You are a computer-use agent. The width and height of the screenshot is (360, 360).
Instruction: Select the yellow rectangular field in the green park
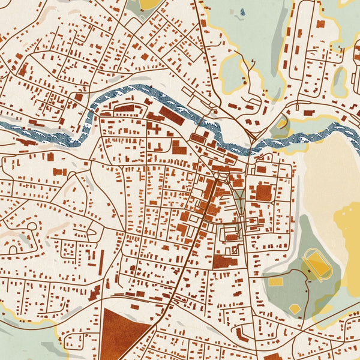[275, 281]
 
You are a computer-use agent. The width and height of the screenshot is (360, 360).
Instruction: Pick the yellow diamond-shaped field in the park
[295, 308]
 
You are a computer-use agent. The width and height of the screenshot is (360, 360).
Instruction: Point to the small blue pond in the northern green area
[242, 11]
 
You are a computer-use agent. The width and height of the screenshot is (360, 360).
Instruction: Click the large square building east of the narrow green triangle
[263, 193]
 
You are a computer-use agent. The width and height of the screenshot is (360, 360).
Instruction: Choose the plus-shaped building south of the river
[156, 128]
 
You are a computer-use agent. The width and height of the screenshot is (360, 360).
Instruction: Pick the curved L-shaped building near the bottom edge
[242, 333]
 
